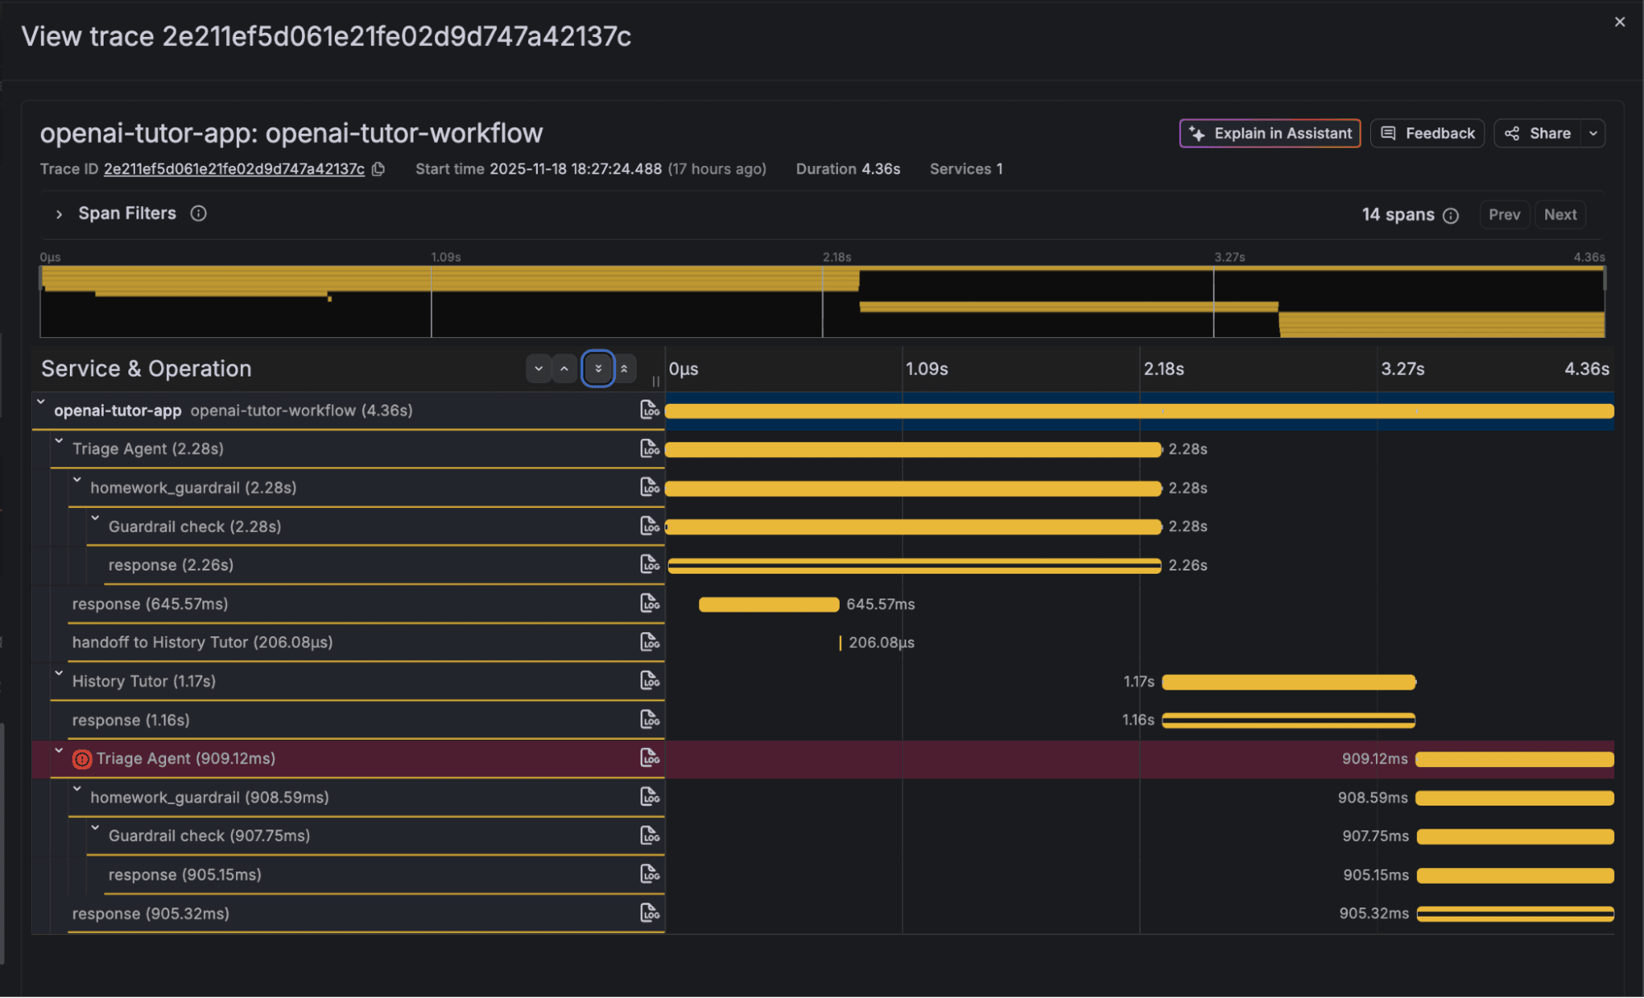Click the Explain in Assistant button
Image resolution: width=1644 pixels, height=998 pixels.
pyautogui.click(x=1270, y=133)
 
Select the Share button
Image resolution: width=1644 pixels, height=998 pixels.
pyautogui.click(x=1539, y=133)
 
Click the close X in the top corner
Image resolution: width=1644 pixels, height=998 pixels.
pyautogui.click(x=1619, y=22)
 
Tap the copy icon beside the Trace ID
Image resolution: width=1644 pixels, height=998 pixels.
pyautogui.click(x=378, y=169)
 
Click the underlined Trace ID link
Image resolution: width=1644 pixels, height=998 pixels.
pyautogui.click(x=234, y=169)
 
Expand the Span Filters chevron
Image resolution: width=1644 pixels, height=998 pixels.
pyautogui.click(x=58, y=214)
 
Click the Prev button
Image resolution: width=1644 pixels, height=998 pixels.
pyautogui.click(x=1503, y=215)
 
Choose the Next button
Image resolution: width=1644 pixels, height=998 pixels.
pyautogui.click(x=1559, y=215)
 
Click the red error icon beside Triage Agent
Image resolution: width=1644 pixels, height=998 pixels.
pyautogui.click(x=81, y=759)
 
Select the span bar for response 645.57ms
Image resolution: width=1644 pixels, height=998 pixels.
pyautogui.click(x=768, y=604)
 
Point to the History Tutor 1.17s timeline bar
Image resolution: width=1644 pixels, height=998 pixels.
pyautogui.click(x=1288, y=682)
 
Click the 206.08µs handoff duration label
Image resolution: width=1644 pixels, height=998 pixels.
pyautogui.click(x=881, y=643)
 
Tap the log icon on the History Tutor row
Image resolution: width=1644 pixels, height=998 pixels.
pyautogui.click(x=650, y=681)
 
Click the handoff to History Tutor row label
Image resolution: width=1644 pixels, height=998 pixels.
pyautogui.click(x=202, y=643)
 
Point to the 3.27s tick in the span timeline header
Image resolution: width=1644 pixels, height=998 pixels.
pyautogui.click(x=1402, y=369)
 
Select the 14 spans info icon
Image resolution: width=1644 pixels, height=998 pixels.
pyautogui.click(x=1451, y=215)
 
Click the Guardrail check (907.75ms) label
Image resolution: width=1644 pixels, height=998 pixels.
pyautogui.click(x=209, y=836)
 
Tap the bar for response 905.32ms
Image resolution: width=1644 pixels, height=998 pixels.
pyautogui.click(x=1515, y=913)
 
